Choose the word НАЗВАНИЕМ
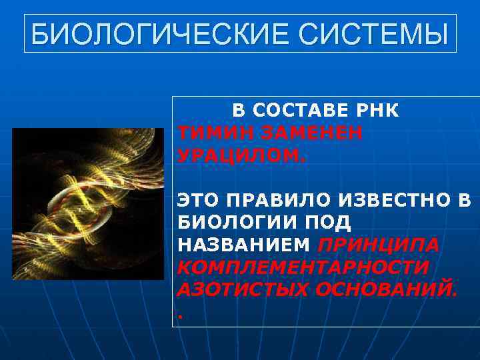click(x=244, y=245)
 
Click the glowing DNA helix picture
click(x=88, y=203)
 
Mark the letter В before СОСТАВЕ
click(x=238, y=111)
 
